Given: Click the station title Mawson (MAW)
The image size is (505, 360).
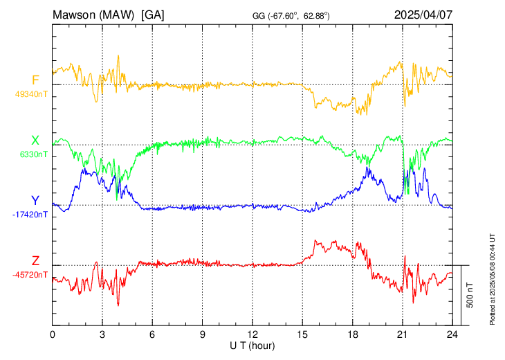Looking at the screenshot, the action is (x=93, y=15).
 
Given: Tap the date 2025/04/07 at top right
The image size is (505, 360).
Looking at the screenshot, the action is (x=423, y=15).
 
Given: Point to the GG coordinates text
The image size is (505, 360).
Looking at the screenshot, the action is (x=291, y=16).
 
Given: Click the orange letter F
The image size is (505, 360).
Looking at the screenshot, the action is (x=35, y=80).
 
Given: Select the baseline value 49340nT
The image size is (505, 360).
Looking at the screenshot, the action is (x=31, y=94).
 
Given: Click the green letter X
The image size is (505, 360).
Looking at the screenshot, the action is (x=35, y=141).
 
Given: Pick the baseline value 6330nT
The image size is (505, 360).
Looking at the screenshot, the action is (x=34, y=154).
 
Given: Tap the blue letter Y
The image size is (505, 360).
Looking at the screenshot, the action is (x=35, y=201).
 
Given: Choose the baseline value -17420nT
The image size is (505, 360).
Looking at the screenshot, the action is (x=30, y=215).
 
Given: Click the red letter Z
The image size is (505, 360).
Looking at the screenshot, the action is (x=35, y=261).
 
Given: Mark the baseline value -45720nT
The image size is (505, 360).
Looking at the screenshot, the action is (x=30, y=275).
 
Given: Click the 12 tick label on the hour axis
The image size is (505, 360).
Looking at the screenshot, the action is (x=252, y=335).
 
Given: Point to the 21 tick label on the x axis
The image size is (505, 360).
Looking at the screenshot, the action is (x=403, y=335).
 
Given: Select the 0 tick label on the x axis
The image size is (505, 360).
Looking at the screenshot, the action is (x=53, y=335).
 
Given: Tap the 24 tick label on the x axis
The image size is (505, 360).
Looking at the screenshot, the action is (x=452, y=335).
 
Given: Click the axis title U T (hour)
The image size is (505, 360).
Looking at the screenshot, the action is (x=252, y=346).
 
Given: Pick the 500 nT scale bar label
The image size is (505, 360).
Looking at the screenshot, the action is (x=470, y=296).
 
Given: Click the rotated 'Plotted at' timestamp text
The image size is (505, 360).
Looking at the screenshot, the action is (x=493, y=279).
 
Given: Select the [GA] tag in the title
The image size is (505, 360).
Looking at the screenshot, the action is (x=152, y=15).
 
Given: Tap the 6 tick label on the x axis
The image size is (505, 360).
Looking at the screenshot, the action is (x=152, y=335).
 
